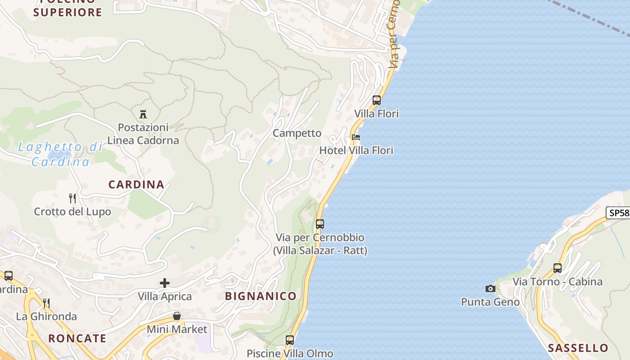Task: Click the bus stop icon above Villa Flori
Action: [377, 100]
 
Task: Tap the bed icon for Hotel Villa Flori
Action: [356, 137]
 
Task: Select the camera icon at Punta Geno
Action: [490, 288]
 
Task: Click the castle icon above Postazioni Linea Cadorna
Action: [143, 114]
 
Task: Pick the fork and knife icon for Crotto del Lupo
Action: [72, 198]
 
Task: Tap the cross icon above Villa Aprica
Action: [165, 283]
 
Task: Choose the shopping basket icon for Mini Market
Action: [177, 316]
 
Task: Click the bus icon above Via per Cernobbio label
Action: [320, 224]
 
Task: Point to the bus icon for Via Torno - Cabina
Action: [558, 268]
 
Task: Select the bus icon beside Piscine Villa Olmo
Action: [290, 340]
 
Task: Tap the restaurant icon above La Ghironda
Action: [46, 303]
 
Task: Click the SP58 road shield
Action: [618, 213]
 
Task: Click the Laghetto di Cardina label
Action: [60, 154]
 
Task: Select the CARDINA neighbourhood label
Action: [136, 184]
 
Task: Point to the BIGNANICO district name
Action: [261, 296]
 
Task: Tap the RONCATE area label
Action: [77, 338]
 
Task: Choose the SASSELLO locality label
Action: [578, 348]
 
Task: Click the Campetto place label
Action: [297, 133]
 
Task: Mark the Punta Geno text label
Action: [490, 302]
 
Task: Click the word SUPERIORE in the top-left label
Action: [68, 12]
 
